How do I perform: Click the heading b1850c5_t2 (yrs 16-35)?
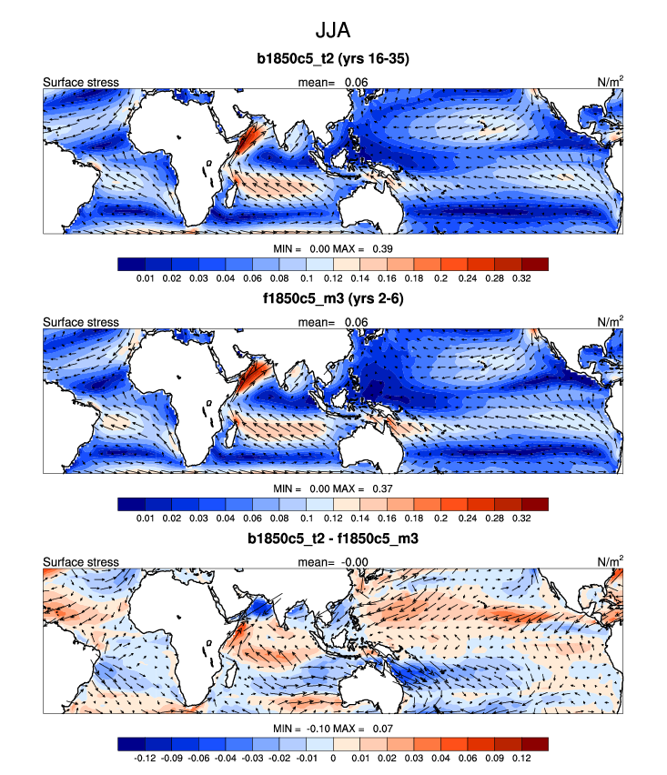tap(332, 60)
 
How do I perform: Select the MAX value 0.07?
tap(379, 730)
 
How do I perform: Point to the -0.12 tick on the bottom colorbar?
tap(144, 758)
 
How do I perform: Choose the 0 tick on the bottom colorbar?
tap(333, 758)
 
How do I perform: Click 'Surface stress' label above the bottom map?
tap(81, 561)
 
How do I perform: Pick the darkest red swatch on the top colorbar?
tap(535, 264)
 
